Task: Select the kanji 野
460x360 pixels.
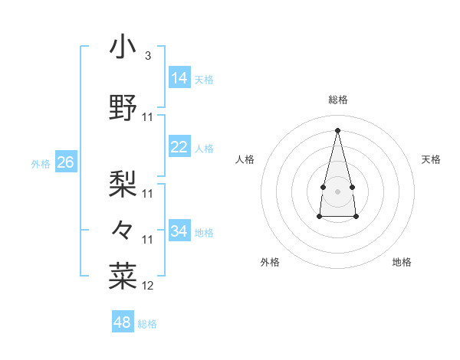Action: (123, 106)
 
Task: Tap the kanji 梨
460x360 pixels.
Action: (123, 182)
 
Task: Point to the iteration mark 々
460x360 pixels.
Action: (123, 229)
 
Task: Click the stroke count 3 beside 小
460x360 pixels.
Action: (148, 55)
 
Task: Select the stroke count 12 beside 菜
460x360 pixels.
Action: (148, 286)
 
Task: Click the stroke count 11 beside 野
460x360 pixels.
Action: (148, 116)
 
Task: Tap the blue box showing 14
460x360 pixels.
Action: (179, 77)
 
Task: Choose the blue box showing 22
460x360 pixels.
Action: (179, 147)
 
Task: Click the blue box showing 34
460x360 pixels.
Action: (179, 231)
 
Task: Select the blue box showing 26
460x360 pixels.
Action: (65, 162)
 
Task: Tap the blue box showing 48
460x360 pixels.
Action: (123, 322)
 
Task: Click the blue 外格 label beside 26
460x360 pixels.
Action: (41, 163)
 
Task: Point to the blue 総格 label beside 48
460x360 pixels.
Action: (147, 324)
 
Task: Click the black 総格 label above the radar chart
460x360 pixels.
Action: (338, 100)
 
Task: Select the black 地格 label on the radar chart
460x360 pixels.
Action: (402, 262)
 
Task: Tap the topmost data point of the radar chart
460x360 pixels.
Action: (337, 129)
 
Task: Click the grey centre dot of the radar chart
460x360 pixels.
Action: (337, 191)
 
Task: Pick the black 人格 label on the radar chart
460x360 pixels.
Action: (245, 159)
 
